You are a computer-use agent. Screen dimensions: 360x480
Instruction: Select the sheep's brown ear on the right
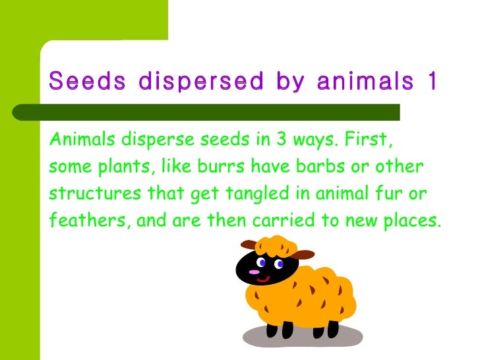(x=304, y=255)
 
